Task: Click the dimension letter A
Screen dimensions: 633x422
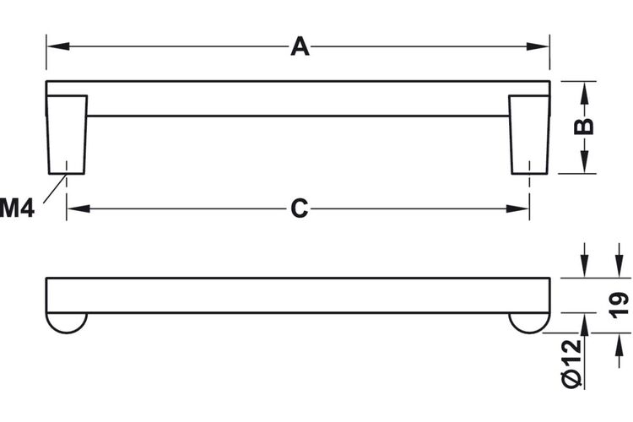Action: [x=300, y=46]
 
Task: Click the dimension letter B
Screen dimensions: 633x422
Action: [x=584, y=127]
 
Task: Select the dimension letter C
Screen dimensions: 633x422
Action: [x=299, y=208]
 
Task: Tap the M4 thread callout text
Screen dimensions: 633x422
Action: [x=17, y=208]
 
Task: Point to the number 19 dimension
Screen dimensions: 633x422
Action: [x=619, y=305]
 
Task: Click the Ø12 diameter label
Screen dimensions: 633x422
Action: [x=571, y=364]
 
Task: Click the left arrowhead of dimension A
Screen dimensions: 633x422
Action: [x=58, y=46]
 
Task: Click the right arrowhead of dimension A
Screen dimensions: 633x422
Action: [x=538, y=46]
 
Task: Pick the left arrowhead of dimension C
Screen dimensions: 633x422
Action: [x=78, y=208]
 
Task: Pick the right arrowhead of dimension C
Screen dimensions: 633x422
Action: [x=517, y=208]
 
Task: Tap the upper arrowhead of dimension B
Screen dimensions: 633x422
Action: [x=585, y=93]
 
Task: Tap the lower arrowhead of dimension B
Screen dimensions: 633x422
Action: [x=585, y=162]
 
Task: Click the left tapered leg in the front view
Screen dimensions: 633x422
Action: [x=67, y=134]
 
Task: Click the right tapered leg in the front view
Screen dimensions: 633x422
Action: [x=529, y=134]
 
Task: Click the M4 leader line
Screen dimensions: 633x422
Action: [x=55, y=188]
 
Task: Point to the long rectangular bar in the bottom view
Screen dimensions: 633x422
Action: [x=298, y=295]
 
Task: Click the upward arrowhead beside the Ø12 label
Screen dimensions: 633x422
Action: [x=585, y=325]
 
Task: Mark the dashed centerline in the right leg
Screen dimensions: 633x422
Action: [x=529, y=191]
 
